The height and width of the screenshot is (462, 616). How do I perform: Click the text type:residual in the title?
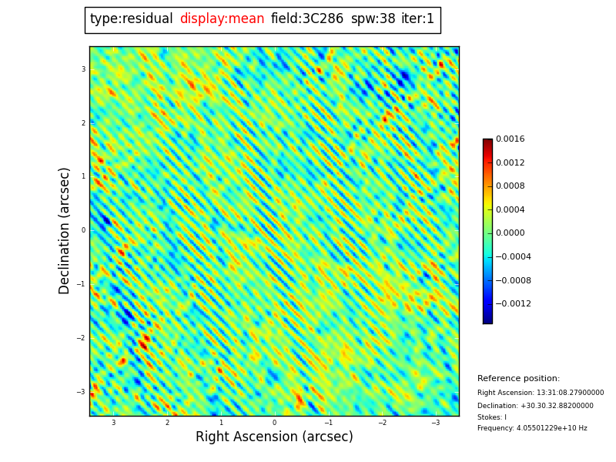point(132,19)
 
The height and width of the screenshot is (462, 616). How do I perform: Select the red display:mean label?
point(222,19)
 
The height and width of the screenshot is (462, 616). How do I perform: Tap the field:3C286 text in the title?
point(307,19)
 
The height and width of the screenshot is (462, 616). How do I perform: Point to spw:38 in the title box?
point(373,19)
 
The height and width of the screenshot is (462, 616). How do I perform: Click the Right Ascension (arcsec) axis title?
point(274,437)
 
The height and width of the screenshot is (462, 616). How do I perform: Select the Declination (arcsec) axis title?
point(65,230)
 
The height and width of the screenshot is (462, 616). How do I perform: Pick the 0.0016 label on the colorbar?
point(510,139)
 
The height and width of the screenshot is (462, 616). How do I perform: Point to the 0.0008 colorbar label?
point(510,186)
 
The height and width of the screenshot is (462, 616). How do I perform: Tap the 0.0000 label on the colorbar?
point(510,233)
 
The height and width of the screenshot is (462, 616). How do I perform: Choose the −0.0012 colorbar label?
point(513,304)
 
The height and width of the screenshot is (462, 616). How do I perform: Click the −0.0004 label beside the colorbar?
point(513,257)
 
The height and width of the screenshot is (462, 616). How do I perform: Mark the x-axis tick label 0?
point(274,423)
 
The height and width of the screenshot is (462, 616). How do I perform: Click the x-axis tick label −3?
point(435,423)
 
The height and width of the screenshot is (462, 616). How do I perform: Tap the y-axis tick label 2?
point(83,123)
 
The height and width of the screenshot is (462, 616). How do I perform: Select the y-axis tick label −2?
point(81,338)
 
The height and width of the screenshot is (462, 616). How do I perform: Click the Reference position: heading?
point(518,379)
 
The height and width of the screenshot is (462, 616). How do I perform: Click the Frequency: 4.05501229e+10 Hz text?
point(532,428)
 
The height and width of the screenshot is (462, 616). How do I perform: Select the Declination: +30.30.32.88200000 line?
point(535,406)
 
